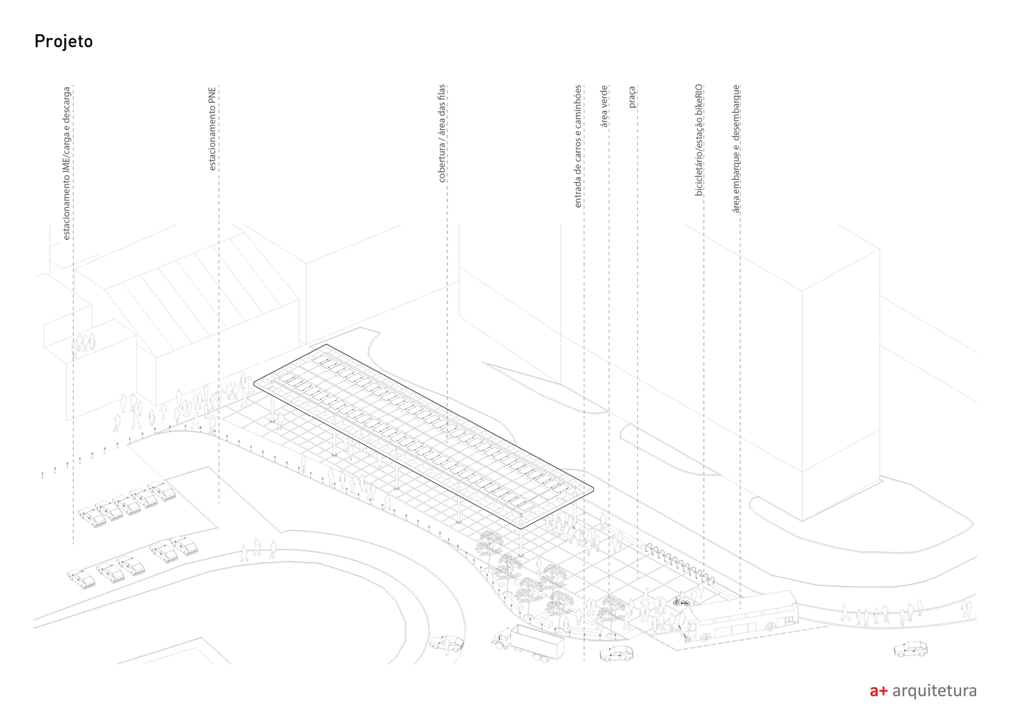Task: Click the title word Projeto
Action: coord(64,41)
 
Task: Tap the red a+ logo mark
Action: coord(878,690)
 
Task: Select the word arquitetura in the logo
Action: coord(935,690)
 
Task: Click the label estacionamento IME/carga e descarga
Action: coord(66,164)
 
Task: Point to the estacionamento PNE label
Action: coord(212,129)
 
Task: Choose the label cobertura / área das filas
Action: coord(442,134)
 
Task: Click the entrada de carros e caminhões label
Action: coord(578,146)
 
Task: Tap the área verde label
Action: coord(604,106)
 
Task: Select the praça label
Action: coord(632,97)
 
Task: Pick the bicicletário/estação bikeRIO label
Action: coord(699,140)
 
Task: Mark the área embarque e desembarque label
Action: coord(736,149)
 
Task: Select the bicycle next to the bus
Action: coord(681,602)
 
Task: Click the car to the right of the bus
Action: coord(910,648)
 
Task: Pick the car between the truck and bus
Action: coord(616,653)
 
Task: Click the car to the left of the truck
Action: coord(448,644)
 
